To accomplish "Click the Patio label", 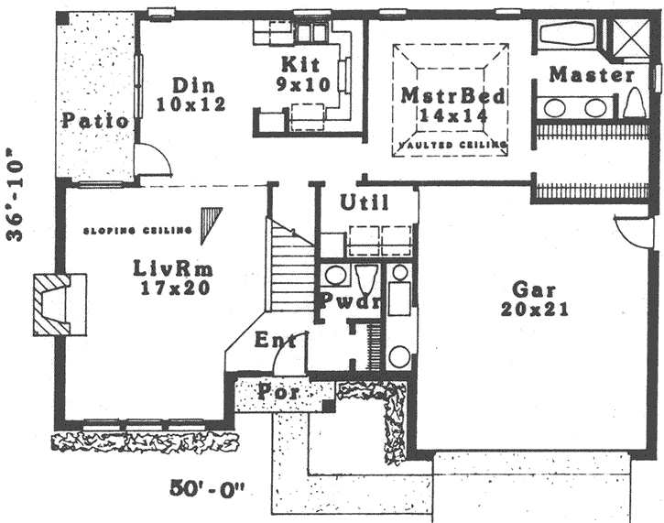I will point(95,120).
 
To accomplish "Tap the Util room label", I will point(364,203).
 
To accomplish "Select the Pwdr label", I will point(339,302).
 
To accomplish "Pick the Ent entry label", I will point(275,341).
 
